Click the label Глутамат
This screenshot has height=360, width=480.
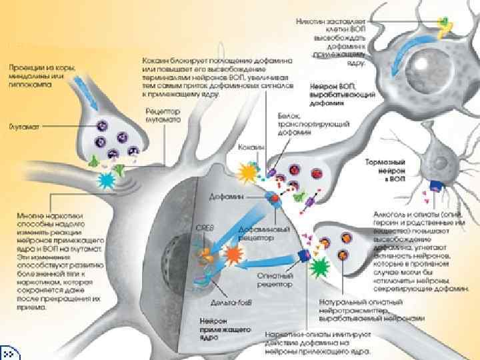click(x=25, y=125)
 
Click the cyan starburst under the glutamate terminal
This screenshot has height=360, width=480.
click(x=106, y=180)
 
